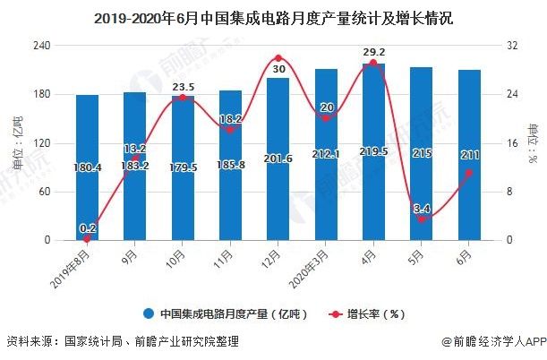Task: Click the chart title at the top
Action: pos(273,14)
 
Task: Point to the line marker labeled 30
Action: pos(278,58)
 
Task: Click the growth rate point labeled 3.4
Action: pos(421,219)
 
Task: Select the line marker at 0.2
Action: pos(87,239)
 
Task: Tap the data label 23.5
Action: pos(183,87)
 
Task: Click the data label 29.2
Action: pos(373,53)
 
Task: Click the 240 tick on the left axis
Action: pos(41,45)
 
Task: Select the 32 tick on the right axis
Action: pos(508,45)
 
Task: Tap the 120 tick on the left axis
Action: pos(41,142)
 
